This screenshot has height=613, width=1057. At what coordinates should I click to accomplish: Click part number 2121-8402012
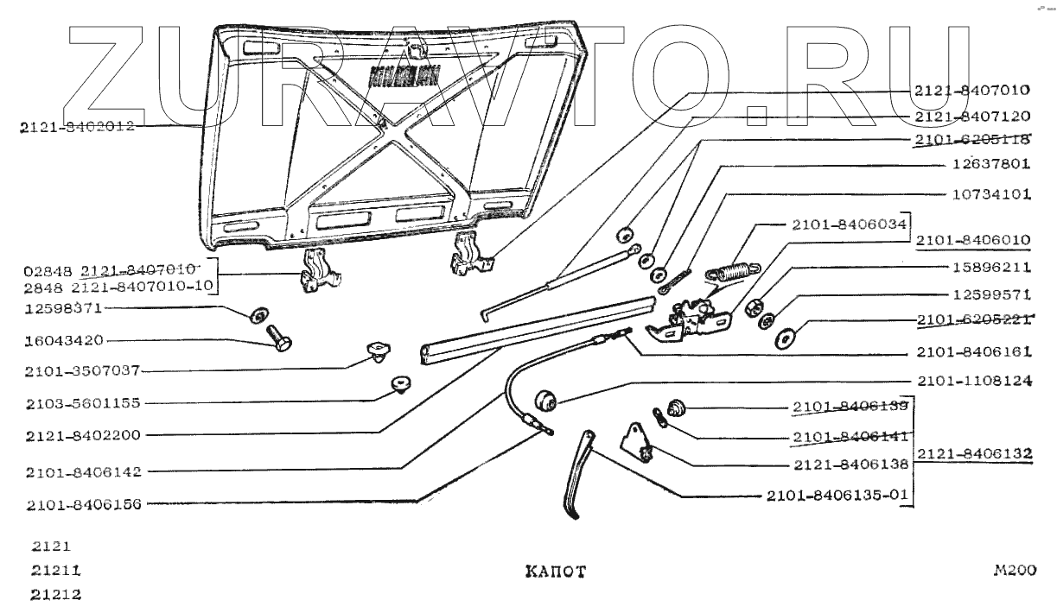coord(75,127)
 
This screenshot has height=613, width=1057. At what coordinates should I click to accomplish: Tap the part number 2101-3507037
coord(75,372)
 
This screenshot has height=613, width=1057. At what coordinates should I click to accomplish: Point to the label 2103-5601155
coord(75,403)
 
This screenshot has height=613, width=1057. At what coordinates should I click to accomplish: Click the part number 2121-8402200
coord(75,434)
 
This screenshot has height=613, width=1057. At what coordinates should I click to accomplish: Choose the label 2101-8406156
coord(75,505)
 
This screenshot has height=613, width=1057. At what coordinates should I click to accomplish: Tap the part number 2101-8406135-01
coord(837,496)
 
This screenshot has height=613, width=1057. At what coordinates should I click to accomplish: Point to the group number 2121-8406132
coord(975,452)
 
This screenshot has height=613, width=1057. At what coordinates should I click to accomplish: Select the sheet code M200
coord(1014,570)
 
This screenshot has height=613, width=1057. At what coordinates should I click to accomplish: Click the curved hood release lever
coord(578,473)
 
